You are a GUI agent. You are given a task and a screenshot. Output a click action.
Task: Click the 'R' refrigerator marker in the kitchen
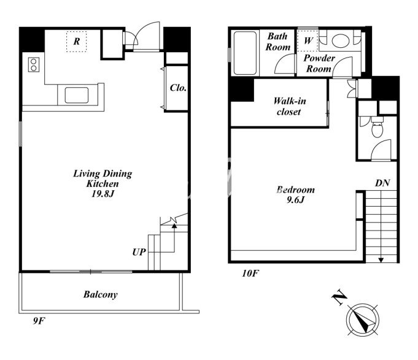pyautogui.click(x=77, y=42)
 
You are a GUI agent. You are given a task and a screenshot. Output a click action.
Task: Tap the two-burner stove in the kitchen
pyautogui.click(x=34, y=65)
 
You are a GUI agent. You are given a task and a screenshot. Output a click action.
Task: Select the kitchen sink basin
pyautogui.click(x=77, y=95)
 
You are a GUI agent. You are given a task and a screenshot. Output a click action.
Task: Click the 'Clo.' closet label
pyautogui.click(x=178, y=88)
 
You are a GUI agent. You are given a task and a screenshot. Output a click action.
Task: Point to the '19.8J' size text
pyautogui.click(x=103, y=194)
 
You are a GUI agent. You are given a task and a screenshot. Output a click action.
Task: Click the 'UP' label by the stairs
pyautogui.click(x=139, y=252)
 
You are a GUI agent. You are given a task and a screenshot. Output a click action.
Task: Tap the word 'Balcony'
pyautogui.click(x=101, y=294)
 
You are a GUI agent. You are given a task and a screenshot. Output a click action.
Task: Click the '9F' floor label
pyautogui.click(x=39, y=321)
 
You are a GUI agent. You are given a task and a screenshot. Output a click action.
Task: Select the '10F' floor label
pyautogui.click(x=250, y=274)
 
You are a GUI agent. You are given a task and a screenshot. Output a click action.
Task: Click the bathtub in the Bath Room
pyautogui.click(x=246, y=53)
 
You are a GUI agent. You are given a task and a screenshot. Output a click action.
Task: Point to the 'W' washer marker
pyautogui.click(x=308, y=40)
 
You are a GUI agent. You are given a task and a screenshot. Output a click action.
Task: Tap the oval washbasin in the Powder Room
pyautogui.click(x=341, y=40)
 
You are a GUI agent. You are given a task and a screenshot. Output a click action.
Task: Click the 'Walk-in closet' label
pyautogui.click(x=290, y=106)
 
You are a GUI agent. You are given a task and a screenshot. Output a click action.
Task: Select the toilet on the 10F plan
pyautogui.click(x=377, y=128)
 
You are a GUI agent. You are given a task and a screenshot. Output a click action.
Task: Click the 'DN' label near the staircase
pyautogui.click(x=382, y=183)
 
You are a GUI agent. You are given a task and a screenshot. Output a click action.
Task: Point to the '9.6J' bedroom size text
pyautogui.click(x=295, y=200)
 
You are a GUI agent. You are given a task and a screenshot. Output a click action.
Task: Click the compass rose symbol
pyautogui.click(x=363, y=320)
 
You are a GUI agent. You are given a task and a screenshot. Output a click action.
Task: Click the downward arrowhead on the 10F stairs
pyautogui.click(x=381, y=260)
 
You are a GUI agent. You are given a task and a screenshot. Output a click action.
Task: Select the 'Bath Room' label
pyautogui.click(x=277, y=42)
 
